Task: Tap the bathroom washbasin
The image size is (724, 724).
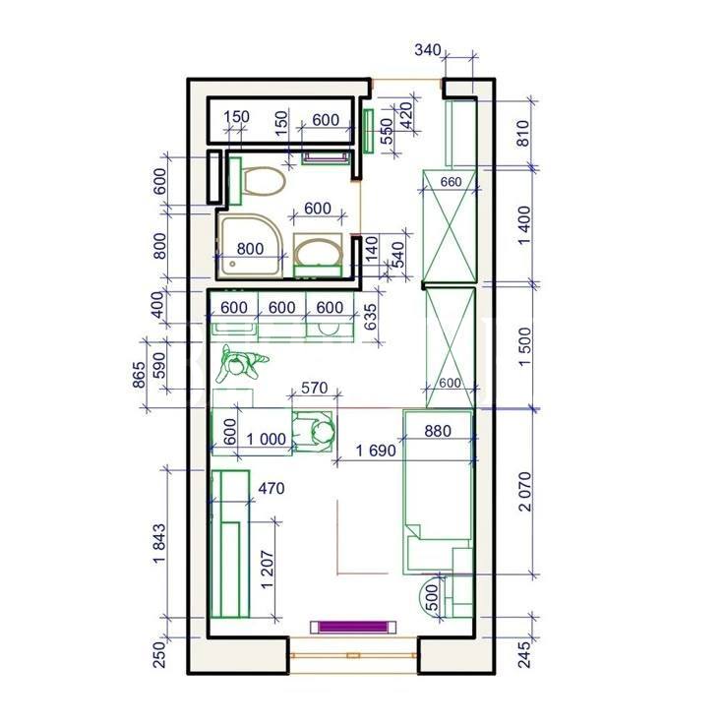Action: (318, 255)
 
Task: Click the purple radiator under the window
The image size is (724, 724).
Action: (353, 627)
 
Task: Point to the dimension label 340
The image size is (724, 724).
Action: (428, 49)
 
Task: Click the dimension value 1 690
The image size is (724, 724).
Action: (376, 451)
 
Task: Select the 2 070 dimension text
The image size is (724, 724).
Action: (525, 492)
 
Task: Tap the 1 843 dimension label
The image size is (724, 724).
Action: (158, 543)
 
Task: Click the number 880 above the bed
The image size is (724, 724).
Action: (438, 431)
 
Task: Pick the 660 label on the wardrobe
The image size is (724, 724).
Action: (451, 182)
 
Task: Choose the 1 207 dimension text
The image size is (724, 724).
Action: (268, 570)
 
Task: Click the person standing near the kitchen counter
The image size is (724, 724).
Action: (241, 363)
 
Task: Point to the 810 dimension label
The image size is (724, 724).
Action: (522, 134)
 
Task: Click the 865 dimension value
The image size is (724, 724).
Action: (139, 375)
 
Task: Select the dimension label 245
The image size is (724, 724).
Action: (524, 654)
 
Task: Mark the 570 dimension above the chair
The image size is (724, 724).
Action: (314, 388)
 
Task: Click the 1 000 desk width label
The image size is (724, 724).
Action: (266, 439)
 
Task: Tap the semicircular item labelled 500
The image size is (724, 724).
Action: (429, 596)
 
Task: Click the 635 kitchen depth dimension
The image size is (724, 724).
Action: (370, 317)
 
